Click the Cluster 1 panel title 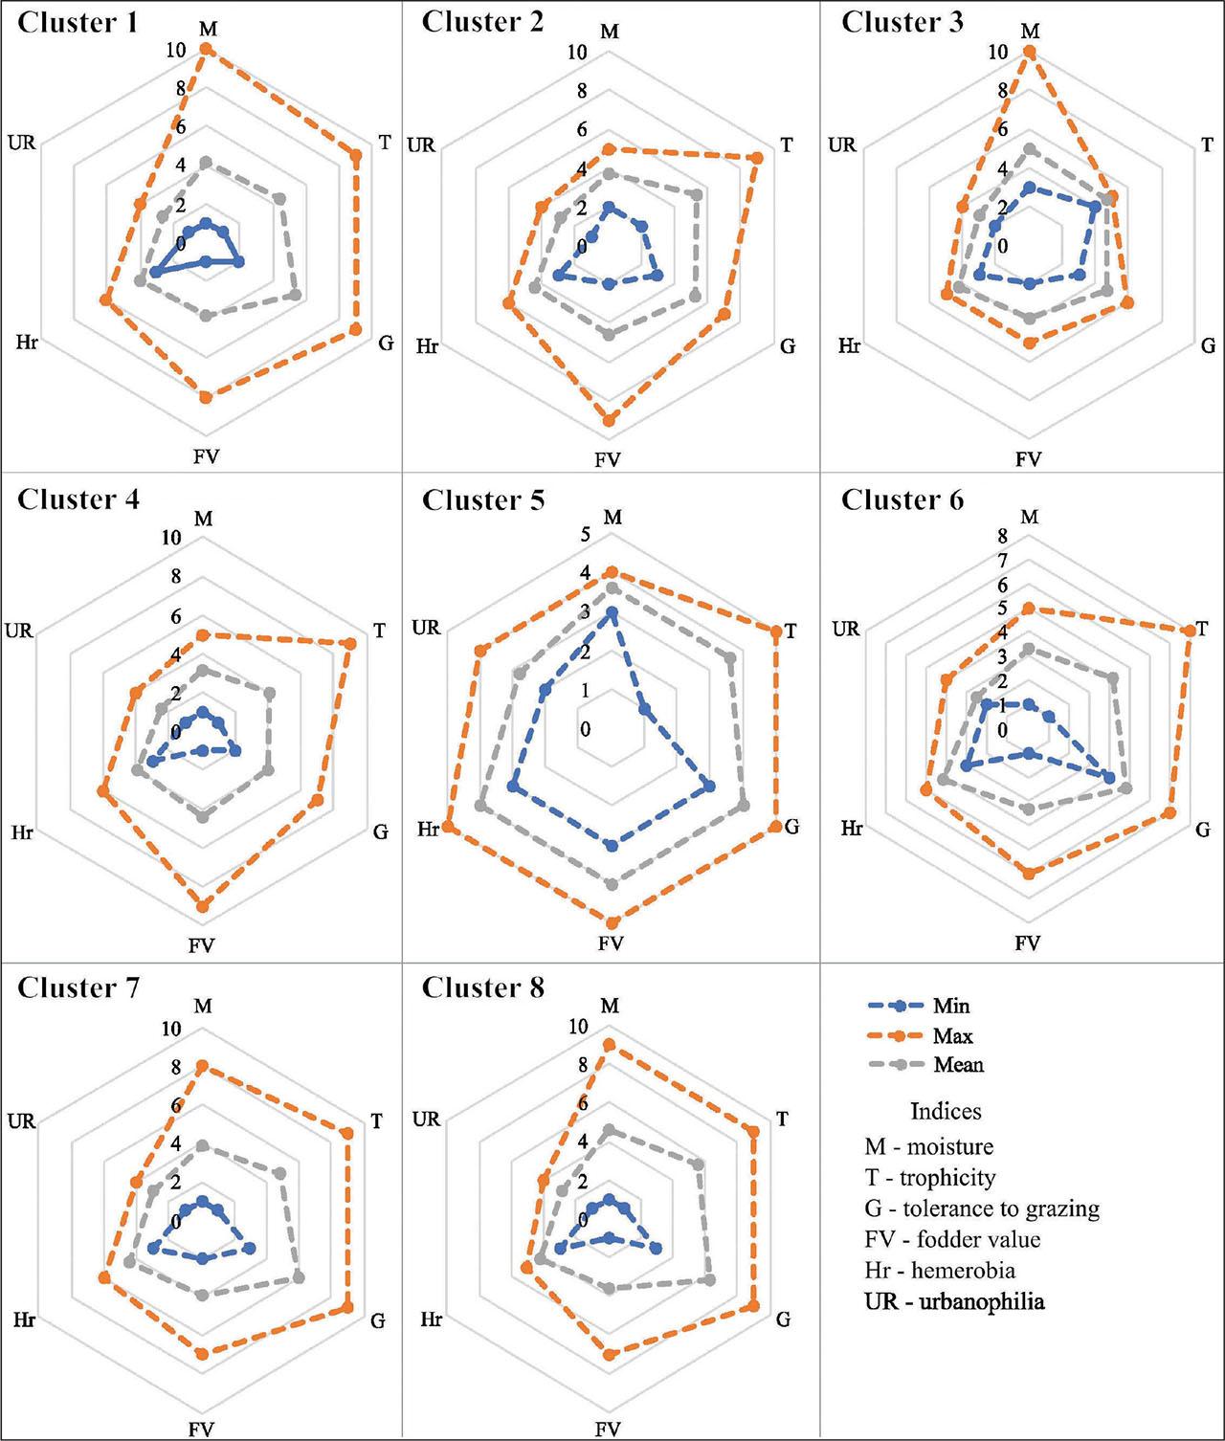[78, 23]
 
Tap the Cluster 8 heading [483, 987]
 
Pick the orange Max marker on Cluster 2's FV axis [609, 418]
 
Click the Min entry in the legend [951, 1006]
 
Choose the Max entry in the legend [953, 1035]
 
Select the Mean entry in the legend [958, 1065]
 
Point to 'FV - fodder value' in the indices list [952, 1239]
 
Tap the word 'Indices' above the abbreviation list [946, 1111]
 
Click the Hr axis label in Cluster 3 [849, 345]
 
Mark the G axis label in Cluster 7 [378, 1320]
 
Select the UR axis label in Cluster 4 [19, 631]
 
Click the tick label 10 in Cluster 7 [171, 1030]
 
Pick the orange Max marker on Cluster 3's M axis [1030, 54]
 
